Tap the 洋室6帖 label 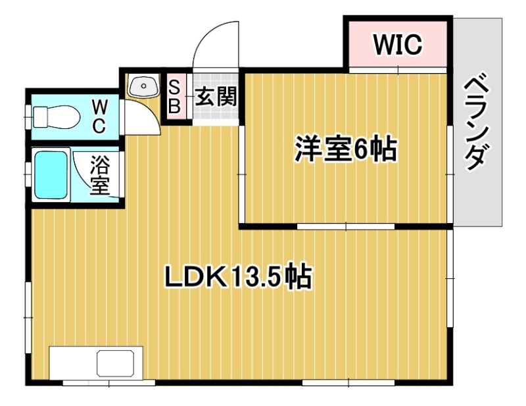[345, 151]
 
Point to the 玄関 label [215, 97]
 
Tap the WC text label [98, 116]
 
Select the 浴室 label [99, 175]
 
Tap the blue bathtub [51, 174]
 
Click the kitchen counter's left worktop [72, 364]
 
